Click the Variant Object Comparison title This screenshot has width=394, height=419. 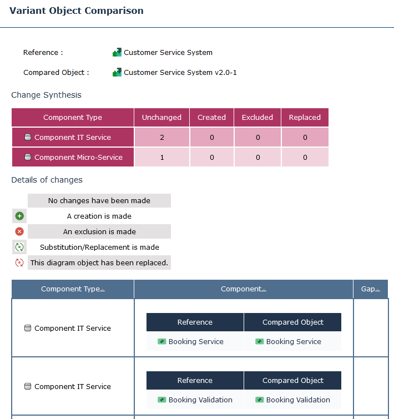pos(77,11)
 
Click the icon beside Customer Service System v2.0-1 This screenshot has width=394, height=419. pos(117,72)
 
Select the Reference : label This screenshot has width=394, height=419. pos(43,53)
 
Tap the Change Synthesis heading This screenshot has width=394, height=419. pos(46,95)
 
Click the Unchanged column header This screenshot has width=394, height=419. pos(161,118)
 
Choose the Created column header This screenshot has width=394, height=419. pos(211,118)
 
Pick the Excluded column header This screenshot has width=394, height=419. pos(257,118)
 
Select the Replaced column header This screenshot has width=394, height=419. pos(305,118)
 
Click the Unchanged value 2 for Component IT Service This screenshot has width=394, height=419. pos(161,138)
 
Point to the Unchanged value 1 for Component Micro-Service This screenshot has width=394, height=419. pos(161,158)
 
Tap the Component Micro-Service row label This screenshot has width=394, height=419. pos(78,158)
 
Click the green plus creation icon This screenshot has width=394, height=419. pos(19,216)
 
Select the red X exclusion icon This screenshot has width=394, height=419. pos(19,231)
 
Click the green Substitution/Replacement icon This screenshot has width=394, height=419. pos(19,247)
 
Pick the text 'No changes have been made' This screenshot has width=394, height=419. pos(99,200)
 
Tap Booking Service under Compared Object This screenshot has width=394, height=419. pos(294,342)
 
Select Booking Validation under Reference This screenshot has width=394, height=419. pos(200,400)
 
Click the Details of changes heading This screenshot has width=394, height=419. pos(47,180)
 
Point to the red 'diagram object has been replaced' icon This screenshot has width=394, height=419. pos(19,262)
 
